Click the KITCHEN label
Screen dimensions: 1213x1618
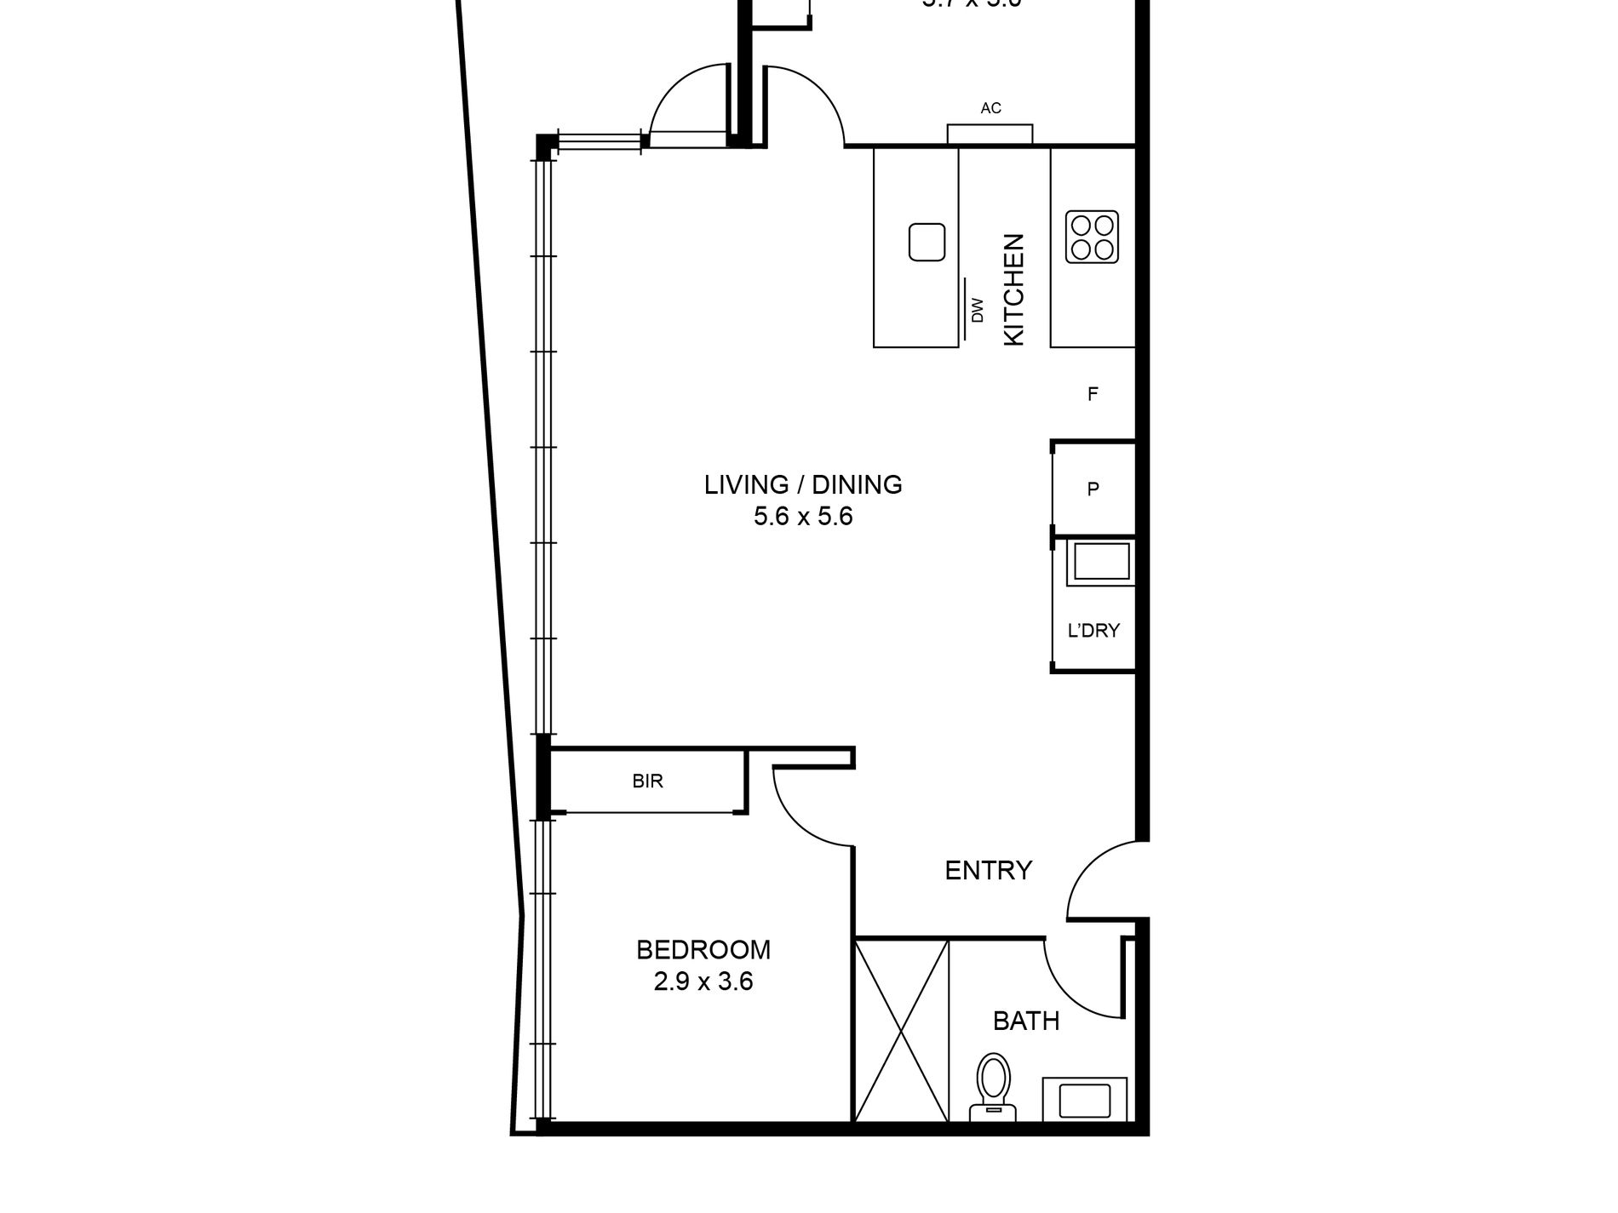click(1013, 289)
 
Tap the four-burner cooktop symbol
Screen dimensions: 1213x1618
click(1093, 237)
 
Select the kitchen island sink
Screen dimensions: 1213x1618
click(927, 242)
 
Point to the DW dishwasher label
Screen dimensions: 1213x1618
click(978, 310)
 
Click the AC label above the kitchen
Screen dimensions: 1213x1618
click(990, 108)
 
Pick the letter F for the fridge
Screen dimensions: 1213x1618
click(1093, 394)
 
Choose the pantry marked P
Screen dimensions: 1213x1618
click(1093, 489)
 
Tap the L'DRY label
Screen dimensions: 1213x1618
click(1093, 631)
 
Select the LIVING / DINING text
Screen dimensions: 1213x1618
click(802, 484)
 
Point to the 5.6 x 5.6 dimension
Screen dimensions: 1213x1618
click(802, 517)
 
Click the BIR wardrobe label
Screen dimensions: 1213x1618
click(647, 781)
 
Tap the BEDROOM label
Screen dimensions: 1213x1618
click(703, 949)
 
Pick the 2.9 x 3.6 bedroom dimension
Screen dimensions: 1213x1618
click(703, 982)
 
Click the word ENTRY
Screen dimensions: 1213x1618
click(988, 870)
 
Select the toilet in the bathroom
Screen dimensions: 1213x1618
click(992, 1085)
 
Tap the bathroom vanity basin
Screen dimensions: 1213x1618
click(1084, 1100)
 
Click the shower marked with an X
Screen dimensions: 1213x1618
click(901, 1030)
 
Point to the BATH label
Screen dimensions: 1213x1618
click(1026, 1021)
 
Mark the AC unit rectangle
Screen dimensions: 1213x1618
click(990, 134)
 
